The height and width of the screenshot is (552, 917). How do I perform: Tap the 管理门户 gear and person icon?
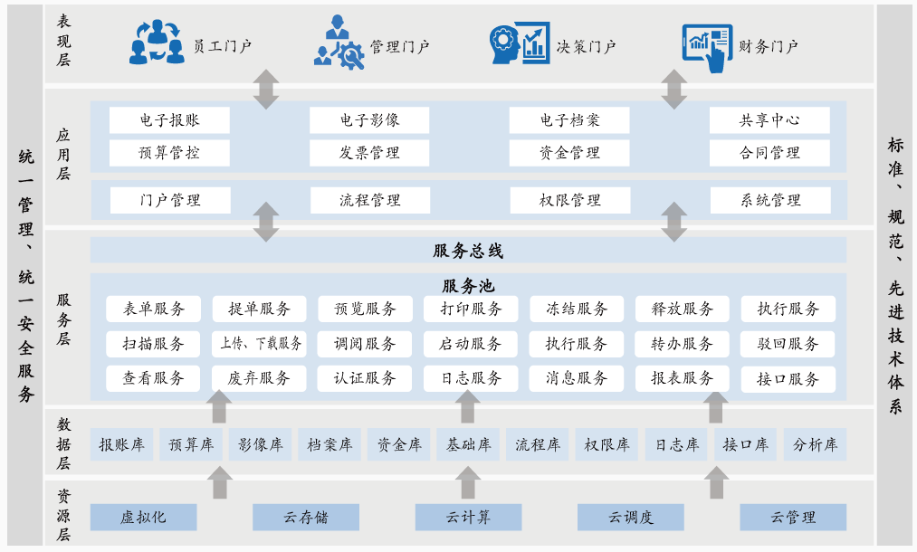[x=339, y=43]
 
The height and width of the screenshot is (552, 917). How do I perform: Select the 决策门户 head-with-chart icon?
[x=519, y=43]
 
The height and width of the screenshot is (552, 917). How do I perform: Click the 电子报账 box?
[x=169, y=120]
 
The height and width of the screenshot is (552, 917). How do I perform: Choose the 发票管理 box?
[x=369, y=153]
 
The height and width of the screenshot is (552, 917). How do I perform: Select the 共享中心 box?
[x=769, y=120]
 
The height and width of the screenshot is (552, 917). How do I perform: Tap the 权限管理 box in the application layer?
[x=569, y=200]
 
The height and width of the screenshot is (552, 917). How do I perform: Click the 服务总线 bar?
[x=468, y=251]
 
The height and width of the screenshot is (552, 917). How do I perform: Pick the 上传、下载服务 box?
[x=260, y=344]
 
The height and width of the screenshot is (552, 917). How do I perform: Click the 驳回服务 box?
[x=788, y=344]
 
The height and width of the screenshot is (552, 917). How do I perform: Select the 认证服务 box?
[x=365, y=378]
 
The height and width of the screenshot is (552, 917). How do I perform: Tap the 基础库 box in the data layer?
[x=468, y=444]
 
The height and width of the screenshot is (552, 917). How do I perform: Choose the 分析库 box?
[x=815, y=444]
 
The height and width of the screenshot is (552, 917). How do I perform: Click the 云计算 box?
[x=468, y=518]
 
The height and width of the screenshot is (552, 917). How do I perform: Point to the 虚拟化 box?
[x=143, y=518]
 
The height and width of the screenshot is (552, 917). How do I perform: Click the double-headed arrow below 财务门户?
[x=673, y=90]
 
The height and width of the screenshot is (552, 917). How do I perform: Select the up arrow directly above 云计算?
[x=468, y=482]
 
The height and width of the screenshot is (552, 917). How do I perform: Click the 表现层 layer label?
[x=63, y=41]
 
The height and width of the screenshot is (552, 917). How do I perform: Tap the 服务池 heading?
[x=468, y=286]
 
